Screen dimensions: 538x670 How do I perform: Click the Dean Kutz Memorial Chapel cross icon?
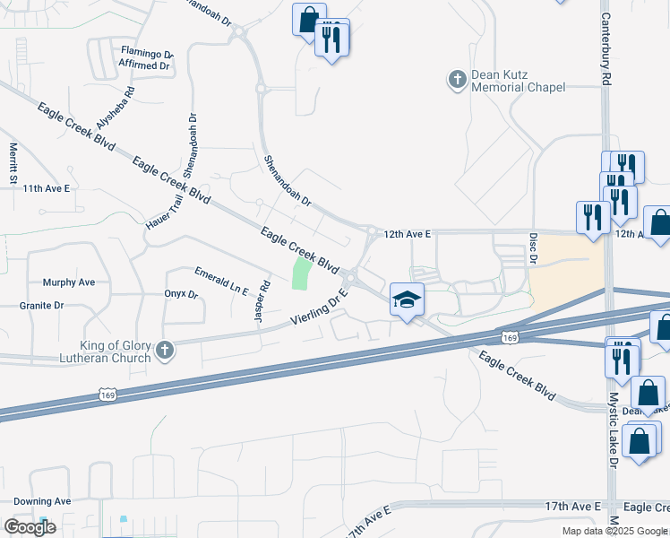coord(457,81)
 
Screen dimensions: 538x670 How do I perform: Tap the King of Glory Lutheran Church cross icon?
coord(164,351)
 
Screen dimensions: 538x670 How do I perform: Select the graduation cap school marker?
coord(407,299)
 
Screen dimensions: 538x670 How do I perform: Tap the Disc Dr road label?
coord(533,248)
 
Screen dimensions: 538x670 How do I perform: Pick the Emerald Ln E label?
coord(221,279)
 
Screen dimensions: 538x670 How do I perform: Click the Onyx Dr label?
coord(180,293)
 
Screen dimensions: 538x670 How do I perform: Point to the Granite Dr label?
coord(41,306)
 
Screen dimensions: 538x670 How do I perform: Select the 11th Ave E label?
coord(47,188)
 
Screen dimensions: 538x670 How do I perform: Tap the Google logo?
coord(30,527)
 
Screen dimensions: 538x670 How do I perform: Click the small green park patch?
coord(302,272)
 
